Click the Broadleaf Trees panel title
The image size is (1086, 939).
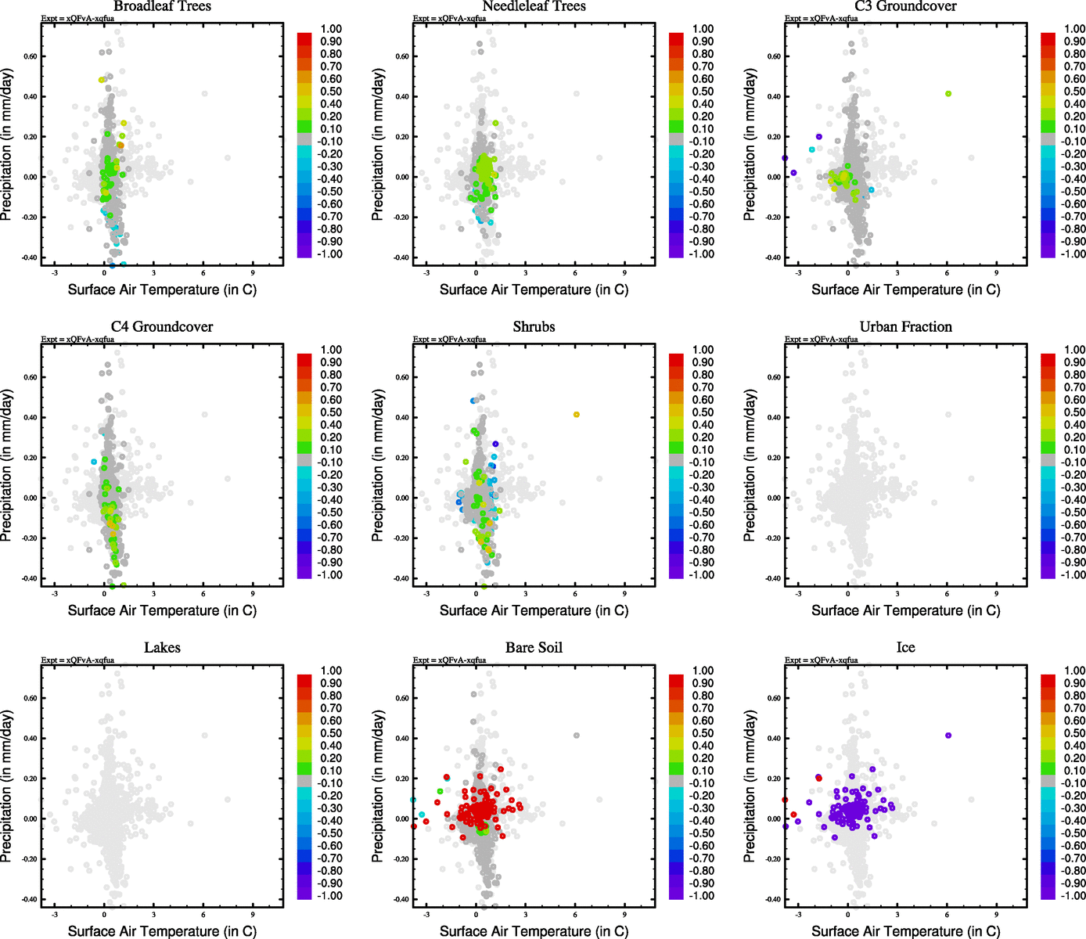click(162, 6)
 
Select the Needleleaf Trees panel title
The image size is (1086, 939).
click(534, 6)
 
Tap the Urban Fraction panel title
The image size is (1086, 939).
click(905, 327)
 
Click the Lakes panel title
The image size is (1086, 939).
click(162, 648)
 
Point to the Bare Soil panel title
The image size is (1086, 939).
click(534, 648)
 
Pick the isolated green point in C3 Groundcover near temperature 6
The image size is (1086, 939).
click(948, 94)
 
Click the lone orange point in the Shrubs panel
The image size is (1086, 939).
click(577, 415)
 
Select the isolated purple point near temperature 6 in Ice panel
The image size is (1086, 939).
click(948, 736)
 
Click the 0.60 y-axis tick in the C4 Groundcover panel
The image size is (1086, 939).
click(30, 377)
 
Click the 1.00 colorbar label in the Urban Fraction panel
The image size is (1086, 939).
click(1074, 350)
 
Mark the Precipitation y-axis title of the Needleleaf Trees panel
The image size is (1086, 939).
click(379, 144)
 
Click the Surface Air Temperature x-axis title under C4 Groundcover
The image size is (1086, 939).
click(162, 610)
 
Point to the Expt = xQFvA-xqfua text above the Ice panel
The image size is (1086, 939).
click(821, 660)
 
